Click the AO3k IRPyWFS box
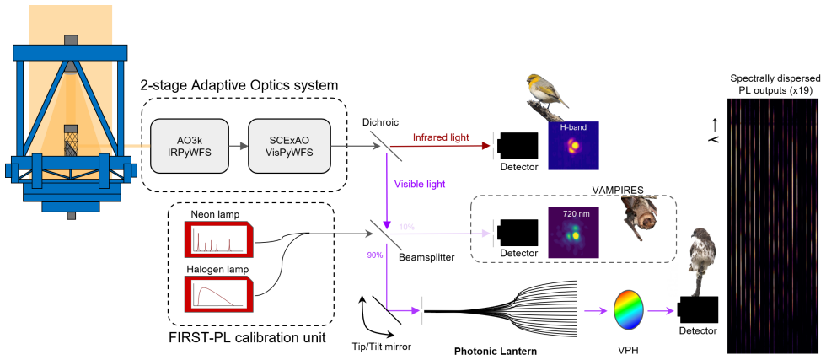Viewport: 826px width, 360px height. click(190, 146)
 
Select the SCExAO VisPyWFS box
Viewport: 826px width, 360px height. click(289, 146)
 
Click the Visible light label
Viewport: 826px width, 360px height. click(420, 185)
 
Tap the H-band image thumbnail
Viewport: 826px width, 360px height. click(573, 146)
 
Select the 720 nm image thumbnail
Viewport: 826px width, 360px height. click(573, 233)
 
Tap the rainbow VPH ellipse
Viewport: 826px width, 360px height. click(629, 311)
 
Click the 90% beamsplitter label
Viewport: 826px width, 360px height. click(374, 255)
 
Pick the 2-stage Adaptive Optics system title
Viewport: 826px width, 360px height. click(239, 85)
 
